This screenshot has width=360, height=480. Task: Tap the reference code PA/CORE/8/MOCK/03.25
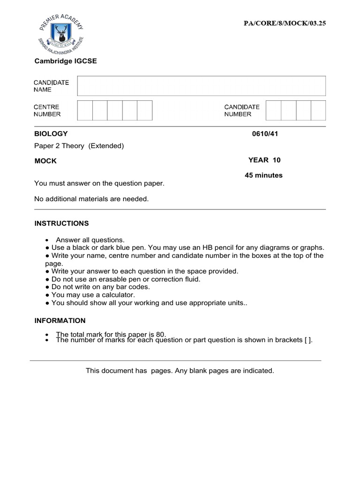[x=284, y=23]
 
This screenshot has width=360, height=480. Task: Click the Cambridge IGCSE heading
[x=66, y=61]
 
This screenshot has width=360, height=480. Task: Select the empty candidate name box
[x=201, y=86]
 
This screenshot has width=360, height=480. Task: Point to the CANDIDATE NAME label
[x=51, y=86]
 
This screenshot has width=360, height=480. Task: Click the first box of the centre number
[x=85, y=110]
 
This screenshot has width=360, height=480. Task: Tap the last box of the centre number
[x=145, y=110]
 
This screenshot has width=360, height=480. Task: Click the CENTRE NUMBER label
[x=47, y=111]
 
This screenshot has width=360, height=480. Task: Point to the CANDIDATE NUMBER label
[x=241, y=111]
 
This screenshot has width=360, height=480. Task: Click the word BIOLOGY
[x=51, y=134]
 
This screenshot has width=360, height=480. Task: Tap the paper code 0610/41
[x=265, y=134]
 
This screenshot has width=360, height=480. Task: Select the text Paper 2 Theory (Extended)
[x=79, y=146]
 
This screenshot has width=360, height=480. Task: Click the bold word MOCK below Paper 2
[x=45, y=161]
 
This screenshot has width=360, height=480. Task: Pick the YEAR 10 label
[x=264, y=160]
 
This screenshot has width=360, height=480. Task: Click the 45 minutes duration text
[x=263, y=175]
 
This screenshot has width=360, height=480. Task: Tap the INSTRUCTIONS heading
[x=61, y=224]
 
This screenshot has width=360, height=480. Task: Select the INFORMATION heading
[x=60, y=321]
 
